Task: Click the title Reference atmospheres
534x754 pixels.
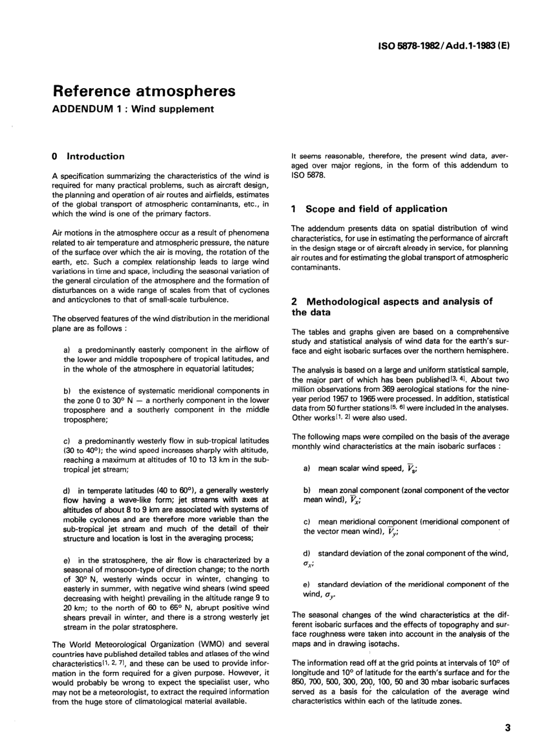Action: click(x=143, y=91)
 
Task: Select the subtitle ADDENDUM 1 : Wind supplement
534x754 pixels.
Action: click(x=133, y=109)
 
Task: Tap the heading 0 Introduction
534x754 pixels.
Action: click(x=88, y=156)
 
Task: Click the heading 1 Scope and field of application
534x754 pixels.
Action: click(x=369, y=209)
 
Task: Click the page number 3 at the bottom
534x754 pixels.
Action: click(x=508, y=728)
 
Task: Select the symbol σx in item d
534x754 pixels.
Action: click(x=308, y=563)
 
